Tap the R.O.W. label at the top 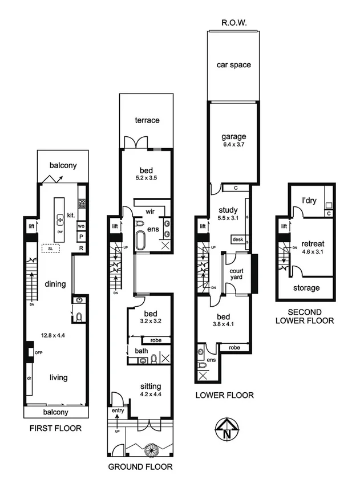pos(233,23)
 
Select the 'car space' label pos(233,65)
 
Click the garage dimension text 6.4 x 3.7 pos(234,145)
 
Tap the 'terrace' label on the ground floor pos(147,120)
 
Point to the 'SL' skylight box pos(51,249)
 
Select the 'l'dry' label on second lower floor pos(309,201)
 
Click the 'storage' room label pos(306,288)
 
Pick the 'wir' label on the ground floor pos(151,212)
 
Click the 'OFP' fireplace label pos(39,353)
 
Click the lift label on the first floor pos(31,227)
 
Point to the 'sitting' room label pos(151,387)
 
